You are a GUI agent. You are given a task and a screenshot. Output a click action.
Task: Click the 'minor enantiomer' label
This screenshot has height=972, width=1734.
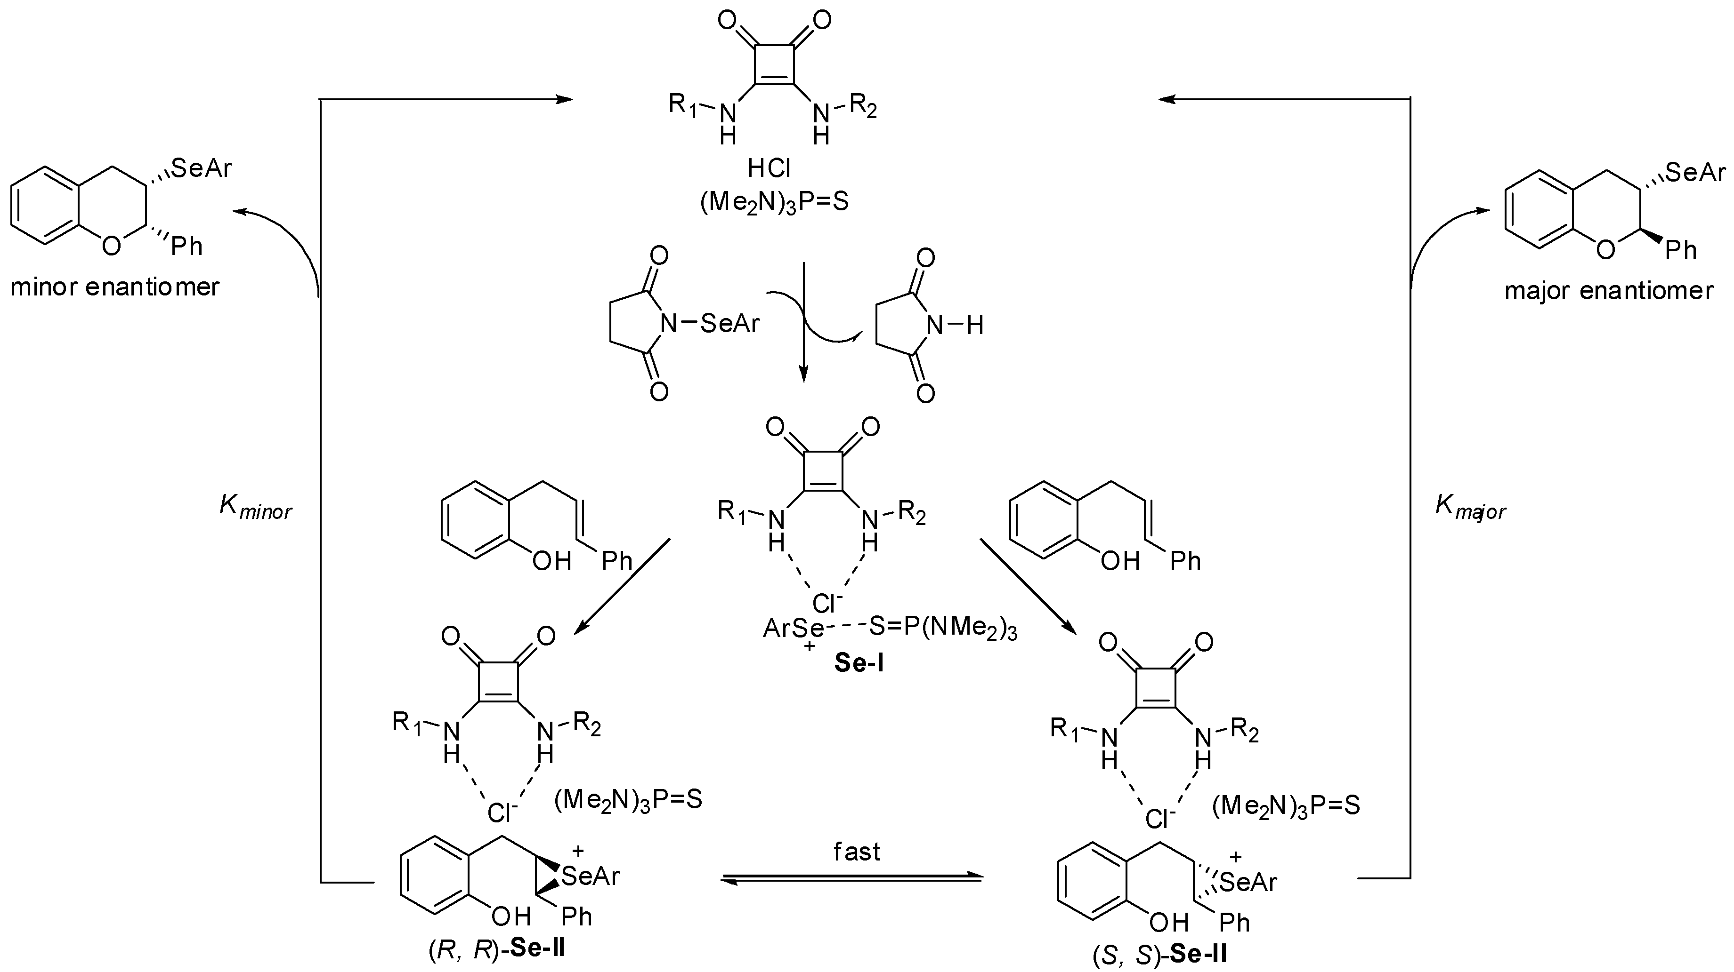114,287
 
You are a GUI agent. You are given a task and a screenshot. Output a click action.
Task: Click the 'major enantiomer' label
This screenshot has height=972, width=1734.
1609,291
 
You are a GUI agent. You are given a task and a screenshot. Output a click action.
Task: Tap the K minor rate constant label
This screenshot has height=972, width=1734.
256,507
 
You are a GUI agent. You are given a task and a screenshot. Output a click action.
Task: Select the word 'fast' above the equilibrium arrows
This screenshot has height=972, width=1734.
857,852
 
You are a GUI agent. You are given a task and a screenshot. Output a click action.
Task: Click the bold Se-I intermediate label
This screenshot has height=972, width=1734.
859,662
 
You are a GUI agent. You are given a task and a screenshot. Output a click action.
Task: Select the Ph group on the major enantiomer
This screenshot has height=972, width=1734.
1681,250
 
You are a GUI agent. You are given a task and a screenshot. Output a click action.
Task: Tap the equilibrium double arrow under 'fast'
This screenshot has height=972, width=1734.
851,878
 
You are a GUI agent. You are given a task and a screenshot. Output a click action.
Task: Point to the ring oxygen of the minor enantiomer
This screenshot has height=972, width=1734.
111,246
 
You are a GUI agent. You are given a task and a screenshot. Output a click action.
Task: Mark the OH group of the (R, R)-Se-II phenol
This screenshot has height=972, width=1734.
511,916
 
